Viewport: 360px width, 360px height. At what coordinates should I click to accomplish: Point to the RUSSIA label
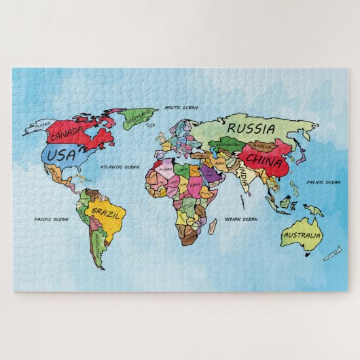[x=251, y=128]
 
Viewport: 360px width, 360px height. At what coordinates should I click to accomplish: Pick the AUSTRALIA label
[x=301, y=236]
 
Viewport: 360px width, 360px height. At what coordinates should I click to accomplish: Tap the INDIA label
[x=243, y=176]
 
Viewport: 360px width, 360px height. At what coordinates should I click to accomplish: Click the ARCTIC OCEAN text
[x=181, y=107]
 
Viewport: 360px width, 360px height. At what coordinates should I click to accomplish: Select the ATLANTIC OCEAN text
[x=120, y=166]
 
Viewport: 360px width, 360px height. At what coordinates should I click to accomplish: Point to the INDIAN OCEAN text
[x=241, y=219]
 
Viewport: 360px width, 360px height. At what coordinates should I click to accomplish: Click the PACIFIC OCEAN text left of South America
[x=52, y=219]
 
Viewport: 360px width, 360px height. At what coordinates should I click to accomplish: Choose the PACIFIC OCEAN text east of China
[x=323, y=182]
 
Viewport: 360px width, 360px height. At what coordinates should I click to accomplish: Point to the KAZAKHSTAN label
[x=228, y=145]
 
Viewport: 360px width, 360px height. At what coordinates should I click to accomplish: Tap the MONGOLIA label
[x=262, y=145]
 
